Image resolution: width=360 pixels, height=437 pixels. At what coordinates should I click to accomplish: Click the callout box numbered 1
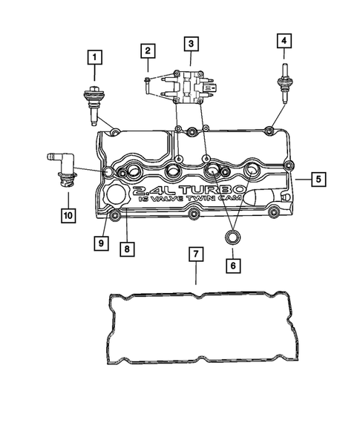point(94,54)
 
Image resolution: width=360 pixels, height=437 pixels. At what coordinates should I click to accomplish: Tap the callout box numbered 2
point(148,51)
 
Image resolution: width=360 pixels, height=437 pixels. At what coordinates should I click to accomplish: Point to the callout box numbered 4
point(284,42)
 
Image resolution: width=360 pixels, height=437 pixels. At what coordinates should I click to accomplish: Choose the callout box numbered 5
point(317,178)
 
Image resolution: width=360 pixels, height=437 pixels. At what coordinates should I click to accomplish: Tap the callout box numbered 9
point(99,242)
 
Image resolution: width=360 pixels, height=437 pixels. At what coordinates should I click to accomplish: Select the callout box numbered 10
point(67,215)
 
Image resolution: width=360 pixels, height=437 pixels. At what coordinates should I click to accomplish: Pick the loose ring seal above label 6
point(231,237)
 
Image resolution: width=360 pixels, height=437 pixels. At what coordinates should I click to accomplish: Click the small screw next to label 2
point(149,74)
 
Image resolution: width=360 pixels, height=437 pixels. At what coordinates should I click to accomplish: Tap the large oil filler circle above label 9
point(117,197)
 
